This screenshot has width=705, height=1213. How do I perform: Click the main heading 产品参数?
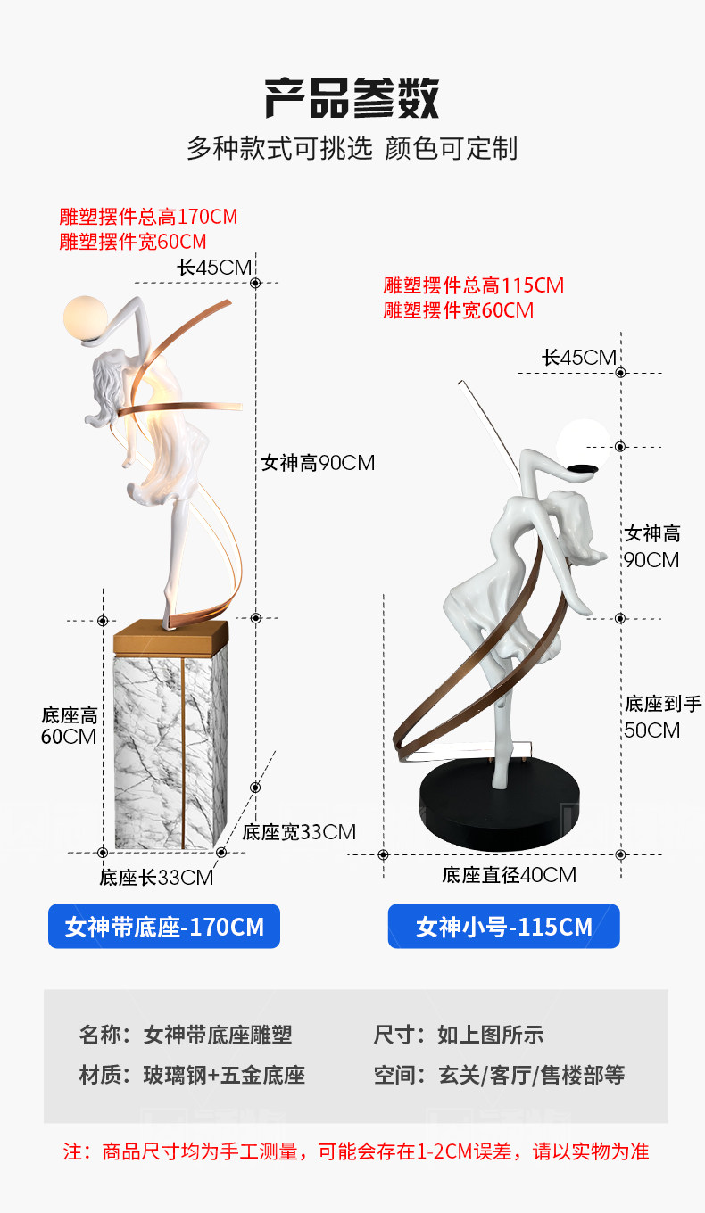click(x=352, y=98)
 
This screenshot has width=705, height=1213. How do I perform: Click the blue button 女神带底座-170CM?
click(x=164, y=927)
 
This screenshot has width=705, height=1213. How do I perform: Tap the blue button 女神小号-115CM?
click(x=503, y=927)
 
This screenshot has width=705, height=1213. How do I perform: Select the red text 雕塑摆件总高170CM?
click(x=148, y=217)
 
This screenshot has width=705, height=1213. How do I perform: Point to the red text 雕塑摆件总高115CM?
click(x=474, y=285)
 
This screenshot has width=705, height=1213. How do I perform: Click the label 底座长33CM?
click(x=156, y=878)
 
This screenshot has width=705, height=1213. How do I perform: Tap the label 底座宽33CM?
click(x=299, y=832)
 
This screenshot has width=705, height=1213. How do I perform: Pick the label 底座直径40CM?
click(x=509, y=875)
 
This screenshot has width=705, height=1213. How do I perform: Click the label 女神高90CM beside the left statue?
click(x=318, y=463)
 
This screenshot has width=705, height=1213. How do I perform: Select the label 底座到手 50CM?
click(x=663, y=717)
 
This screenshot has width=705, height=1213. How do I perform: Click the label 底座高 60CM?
click(x=69, y=726)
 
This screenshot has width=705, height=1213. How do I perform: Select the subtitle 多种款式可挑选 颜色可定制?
click(x=352, y=148)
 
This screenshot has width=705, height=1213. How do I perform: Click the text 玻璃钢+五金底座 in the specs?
click(x=224, y=1075)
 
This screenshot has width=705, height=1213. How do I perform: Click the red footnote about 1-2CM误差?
click(x=355, y=1151)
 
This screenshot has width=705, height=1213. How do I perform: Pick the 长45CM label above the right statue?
click(x=578, y=358)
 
